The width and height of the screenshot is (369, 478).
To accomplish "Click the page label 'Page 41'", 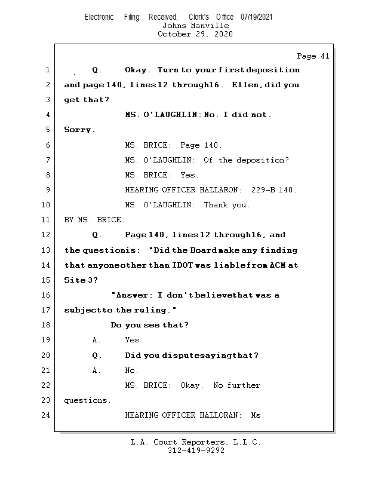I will pyautogui.click(x=313, y=56).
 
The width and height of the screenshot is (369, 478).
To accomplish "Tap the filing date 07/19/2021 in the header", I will pyautogui.click(x=256, y=17).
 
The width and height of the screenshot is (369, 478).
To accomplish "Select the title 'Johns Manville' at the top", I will pyautogui.click(x=195, y=26).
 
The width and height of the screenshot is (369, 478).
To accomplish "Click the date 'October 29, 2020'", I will pyautogui.click(x=195, y=34).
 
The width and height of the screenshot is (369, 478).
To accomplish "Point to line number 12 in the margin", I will pyautogui.click(x=47, y=235).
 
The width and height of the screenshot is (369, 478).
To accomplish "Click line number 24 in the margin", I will pyautogui.click(x=47, y=415).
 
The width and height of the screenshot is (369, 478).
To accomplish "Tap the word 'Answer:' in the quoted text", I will pyautogui.click(x=133, y=295).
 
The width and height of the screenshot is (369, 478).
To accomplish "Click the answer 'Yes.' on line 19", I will pyautogui.click(x=134, y=340).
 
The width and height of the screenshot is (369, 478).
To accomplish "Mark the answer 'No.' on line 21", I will pyautogui.click(x=131, y=370).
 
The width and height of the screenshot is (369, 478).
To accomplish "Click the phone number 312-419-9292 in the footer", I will pyautogui.click(x=196, y=451).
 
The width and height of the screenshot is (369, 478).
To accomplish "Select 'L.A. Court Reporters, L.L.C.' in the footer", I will pyautogui.click(x=196, y=442).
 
